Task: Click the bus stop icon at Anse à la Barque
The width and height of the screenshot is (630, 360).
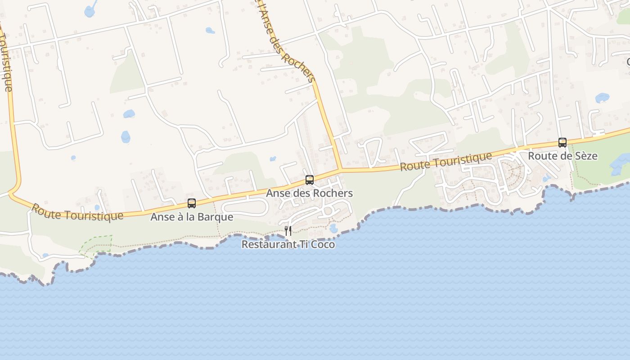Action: point(192,203)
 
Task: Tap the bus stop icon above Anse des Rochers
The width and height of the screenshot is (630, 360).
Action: point(310,180)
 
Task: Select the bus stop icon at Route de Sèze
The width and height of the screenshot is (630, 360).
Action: point(562,143)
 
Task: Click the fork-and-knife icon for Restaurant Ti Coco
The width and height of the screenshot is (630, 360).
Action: point(288,231)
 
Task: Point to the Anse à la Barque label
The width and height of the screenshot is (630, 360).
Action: point(192,217)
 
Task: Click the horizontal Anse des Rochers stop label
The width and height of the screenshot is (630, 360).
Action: point(310,193)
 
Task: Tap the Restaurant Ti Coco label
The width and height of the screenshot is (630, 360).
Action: point(288,244)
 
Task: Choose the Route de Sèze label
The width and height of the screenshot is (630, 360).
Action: point(562,156)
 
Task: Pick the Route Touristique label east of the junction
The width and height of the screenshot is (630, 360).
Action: point(446,162)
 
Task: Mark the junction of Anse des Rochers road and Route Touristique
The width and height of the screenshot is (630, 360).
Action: point(340,170)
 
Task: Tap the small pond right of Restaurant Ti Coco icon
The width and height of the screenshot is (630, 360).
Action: point(333,229)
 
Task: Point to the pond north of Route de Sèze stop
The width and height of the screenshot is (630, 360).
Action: point(602,98)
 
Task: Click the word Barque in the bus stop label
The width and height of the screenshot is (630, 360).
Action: point(219,217)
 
